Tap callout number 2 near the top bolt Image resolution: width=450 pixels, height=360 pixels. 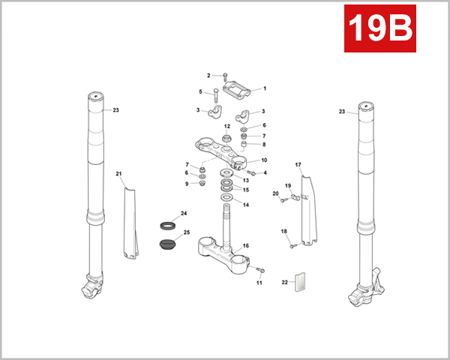[x=208, y=76]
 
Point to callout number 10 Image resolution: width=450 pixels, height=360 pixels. [x=263, y=160]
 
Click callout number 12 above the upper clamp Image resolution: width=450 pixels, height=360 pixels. [x=226, y=127]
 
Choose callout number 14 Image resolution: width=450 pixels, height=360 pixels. [x=247, y=204]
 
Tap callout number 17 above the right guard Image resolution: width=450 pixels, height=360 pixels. [x=298, y=164]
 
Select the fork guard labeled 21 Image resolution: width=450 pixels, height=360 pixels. [x=130, y=217]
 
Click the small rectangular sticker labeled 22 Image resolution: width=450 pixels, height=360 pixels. [x=303, y=282]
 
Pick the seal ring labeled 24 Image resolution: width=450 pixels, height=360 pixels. [x=169, y=226]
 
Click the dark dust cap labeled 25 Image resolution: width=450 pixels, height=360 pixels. [x=169, y=244]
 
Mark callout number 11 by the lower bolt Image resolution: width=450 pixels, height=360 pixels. [x=259, y=283]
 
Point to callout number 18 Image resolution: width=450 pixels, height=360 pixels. [x=283, y=232]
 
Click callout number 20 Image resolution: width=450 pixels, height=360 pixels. [x=275, y=194]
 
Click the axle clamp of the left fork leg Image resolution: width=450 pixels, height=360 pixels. [x=93, y=285]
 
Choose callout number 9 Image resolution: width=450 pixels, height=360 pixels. [x=187, y=184]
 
